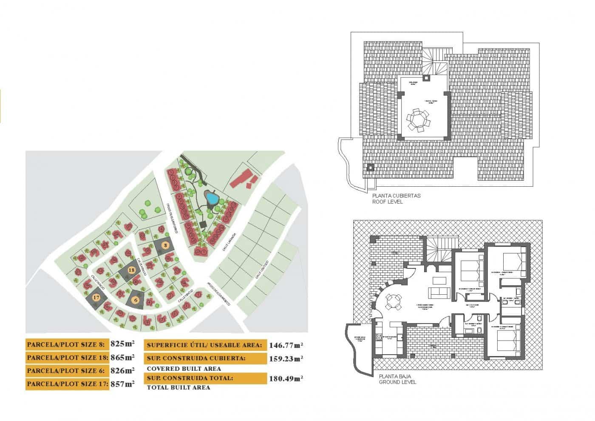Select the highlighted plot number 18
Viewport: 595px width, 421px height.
coord(132,270)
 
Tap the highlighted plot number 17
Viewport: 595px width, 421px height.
coord(96,298)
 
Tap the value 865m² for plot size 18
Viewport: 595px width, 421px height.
coord(122,357)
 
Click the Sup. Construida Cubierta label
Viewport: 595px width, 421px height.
coord(196,358)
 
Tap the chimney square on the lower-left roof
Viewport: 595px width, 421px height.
coord(370,168)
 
